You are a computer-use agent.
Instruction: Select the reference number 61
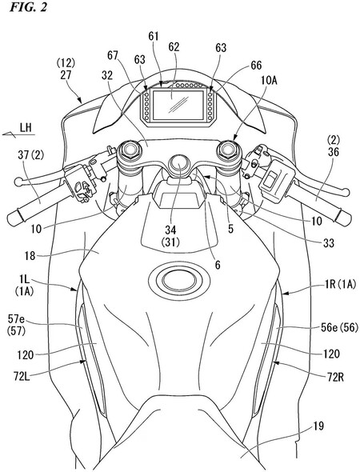coord(153,36)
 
